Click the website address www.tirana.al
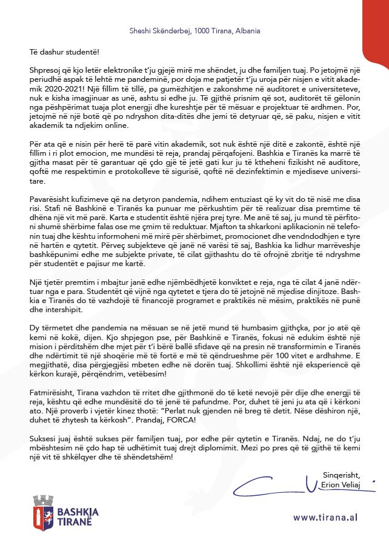(x=324, y=517)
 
